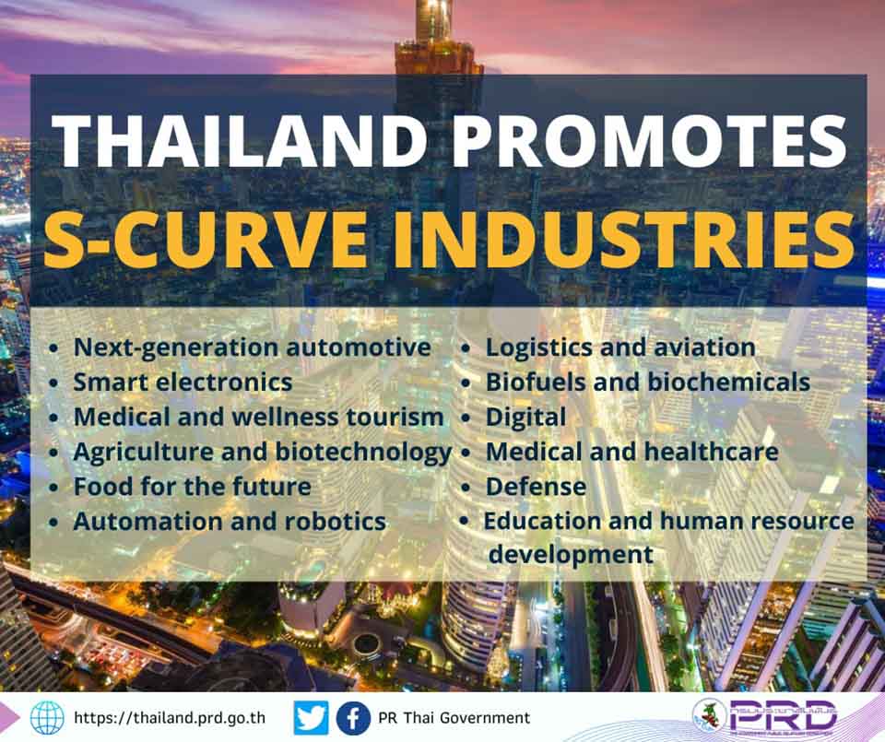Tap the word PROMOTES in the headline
pyautogui.click(x=650, y=142)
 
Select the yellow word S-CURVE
pyautogui.click(x=206, y=240)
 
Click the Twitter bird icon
pyautogui.click(x=311, y=718)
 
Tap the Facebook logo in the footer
pyautogui.click(x=353, y=718)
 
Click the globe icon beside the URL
pyautogui.click(x=47, y=718)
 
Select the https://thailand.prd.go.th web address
pyautogui.click(x=170, y=718)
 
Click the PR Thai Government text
pyautogui.click(x=454, y=718)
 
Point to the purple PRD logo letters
pyautogui.click(x=783, y=714)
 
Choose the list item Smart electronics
pyautogui.click(x=183, y=382)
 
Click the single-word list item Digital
pyautogui.click(x=525, y=418)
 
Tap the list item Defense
pyautogui.click(x=536, y=487)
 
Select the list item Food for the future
pyautogui.click(x=193, y=487)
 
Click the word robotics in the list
pyautogui.click(x=336, y=522)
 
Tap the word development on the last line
pyautogui.click(x=571, y=555)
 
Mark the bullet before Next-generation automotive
pyautogui.click(x=53, y=348)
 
